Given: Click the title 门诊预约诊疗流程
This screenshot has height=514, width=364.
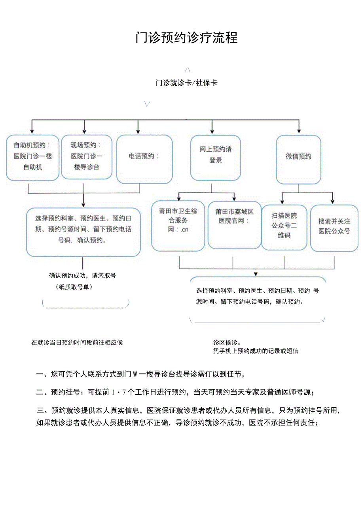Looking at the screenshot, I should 186,38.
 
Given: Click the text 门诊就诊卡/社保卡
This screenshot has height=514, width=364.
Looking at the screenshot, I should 186,83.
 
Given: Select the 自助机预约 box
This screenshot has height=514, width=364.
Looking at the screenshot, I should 32,157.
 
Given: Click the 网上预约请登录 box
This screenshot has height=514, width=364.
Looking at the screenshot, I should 216,157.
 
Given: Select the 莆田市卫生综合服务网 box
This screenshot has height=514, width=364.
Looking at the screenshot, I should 178,225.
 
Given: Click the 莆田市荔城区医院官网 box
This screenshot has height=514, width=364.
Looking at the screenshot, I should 235,224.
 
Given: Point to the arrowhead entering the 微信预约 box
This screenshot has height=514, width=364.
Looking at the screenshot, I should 299,130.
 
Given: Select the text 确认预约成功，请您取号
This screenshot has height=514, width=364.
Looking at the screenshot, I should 82,276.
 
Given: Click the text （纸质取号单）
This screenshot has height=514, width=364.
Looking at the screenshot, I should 74,287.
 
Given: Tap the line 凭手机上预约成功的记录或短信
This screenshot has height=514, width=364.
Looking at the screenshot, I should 256,351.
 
